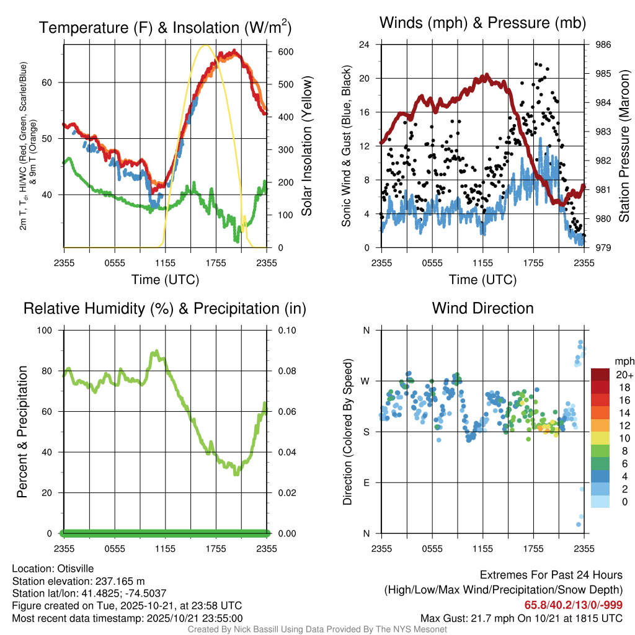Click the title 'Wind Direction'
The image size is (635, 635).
pos(482,308)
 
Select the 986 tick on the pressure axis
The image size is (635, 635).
pos(603,45)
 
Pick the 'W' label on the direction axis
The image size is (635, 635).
pos(365,381)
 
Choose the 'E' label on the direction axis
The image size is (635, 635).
pos(366,482)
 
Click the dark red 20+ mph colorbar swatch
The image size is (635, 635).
pos(600,375)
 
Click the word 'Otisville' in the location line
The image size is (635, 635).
pos(76,568)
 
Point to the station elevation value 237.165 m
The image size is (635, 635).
pos(119,581)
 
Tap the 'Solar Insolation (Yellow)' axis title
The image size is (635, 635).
pos(306,146)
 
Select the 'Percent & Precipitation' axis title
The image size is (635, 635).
pos(22,432)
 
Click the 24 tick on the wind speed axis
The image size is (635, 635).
pos(365,45)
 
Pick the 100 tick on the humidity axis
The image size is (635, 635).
pos(48,330)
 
